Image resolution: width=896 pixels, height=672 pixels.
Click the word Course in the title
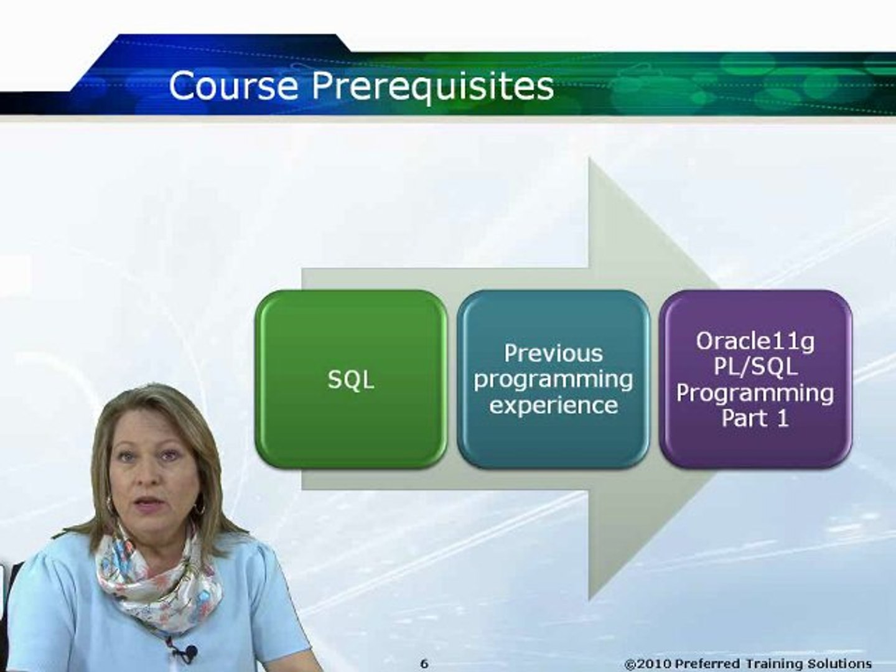[x=233, y=85]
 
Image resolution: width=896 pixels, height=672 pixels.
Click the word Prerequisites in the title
[x=432, y=86]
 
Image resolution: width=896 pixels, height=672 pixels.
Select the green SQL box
[x=351, y=379]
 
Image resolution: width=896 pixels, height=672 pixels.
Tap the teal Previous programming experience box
[x=553, y=379]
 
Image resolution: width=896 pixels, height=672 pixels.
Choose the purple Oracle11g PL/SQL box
[x=755, y=379]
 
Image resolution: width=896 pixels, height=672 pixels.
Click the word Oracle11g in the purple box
[x=755, y=341]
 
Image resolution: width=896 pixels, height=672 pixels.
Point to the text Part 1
[x=755, y=418]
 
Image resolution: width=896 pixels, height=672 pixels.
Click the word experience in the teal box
[x=553, y=405]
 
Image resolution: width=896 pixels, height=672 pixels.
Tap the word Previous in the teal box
[x=553, y=353]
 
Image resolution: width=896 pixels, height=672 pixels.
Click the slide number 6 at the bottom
[x=424, y=663]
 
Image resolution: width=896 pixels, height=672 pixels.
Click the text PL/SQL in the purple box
[x=755, y=366]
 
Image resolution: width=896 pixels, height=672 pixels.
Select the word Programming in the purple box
[x=755, y=393]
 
